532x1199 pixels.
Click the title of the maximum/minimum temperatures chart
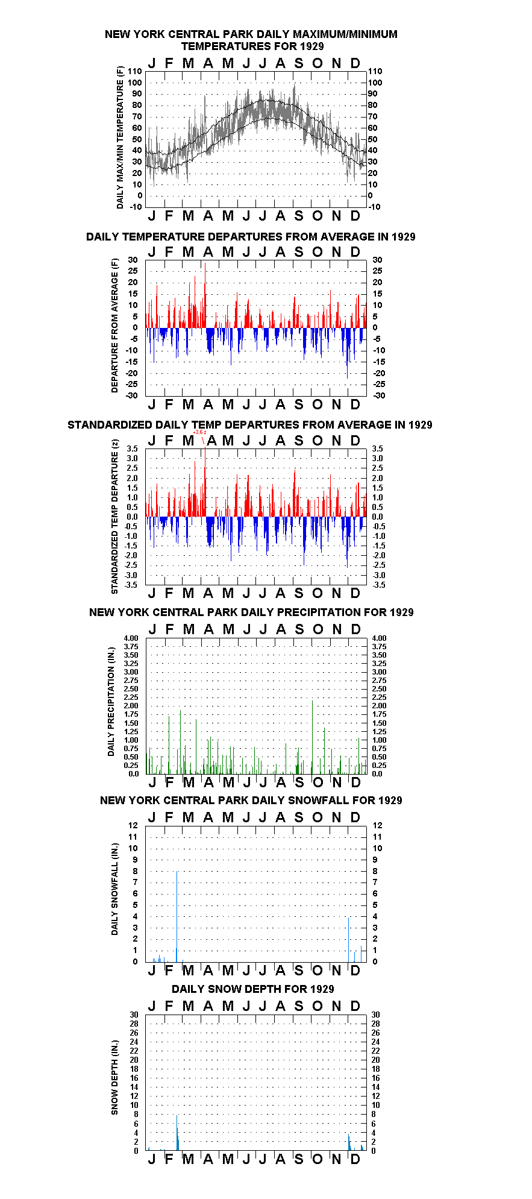click(x=251, y=40)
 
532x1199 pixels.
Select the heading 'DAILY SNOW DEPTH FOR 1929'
click(x=252, y=989)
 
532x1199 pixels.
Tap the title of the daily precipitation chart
click(x=251, y=612)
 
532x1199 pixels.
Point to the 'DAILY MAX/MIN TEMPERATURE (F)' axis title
click(x=120, y=137)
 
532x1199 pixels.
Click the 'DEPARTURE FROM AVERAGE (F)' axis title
click(x=114, y=326)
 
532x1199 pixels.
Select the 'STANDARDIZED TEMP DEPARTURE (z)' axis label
click(x=114, y=517)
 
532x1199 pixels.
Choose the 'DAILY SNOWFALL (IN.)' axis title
click(x=114, y=889)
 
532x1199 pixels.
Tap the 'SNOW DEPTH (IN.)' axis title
click(x=114, y=1077)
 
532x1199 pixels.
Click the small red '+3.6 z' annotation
click(x=200, y=432)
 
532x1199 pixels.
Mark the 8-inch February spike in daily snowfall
click(x=177, y=916)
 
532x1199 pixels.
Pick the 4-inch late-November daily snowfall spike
click(x=349, y=939)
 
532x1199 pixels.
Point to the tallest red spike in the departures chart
click(x=205, y=295)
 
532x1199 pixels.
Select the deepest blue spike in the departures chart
click(x=347, y=353)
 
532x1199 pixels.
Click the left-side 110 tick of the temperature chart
click(x=136, y=71)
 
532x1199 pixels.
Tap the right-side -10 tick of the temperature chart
click(x=374, y=207)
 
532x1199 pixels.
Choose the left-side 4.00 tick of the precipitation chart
click(x=131, y=638)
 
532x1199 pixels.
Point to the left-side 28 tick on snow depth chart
click(x=134, y=1024)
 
